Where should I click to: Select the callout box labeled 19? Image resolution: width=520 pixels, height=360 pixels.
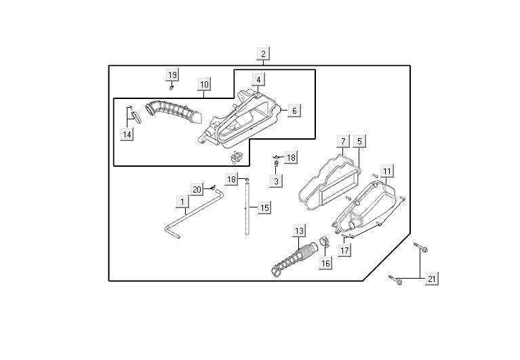tap(172, 75)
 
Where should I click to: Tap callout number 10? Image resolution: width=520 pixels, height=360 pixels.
tap(204, 85)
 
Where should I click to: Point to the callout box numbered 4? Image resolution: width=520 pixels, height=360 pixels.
tap(259, 80)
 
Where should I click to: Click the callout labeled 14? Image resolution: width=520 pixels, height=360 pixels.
tap(127, 134)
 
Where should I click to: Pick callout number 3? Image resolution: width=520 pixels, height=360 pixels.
tap(276, 181)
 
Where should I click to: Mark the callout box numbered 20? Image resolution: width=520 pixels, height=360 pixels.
tap(197, 188)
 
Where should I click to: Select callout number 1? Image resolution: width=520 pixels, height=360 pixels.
tap(182, 201)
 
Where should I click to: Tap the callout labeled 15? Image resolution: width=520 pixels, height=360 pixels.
tap(264, 207)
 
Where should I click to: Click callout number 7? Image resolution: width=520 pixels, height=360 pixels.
tap(343, 141)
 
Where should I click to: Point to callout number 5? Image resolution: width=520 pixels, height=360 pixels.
tap(360, 141)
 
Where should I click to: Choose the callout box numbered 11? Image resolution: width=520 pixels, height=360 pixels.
tap(386, 171)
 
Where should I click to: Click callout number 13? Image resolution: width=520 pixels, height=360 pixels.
tap(299, 232)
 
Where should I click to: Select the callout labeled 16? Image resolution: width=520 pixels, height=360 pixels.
tap(326, 263)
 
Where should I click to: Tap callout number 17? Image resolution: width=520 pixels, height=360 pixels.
tap(345, 250)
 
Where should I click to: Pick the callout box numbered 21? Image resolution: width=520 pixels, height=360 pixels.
tap(431, 278)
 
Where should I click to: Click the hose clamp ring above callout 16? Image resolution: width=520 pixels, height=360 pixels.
tap(323, 241)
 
